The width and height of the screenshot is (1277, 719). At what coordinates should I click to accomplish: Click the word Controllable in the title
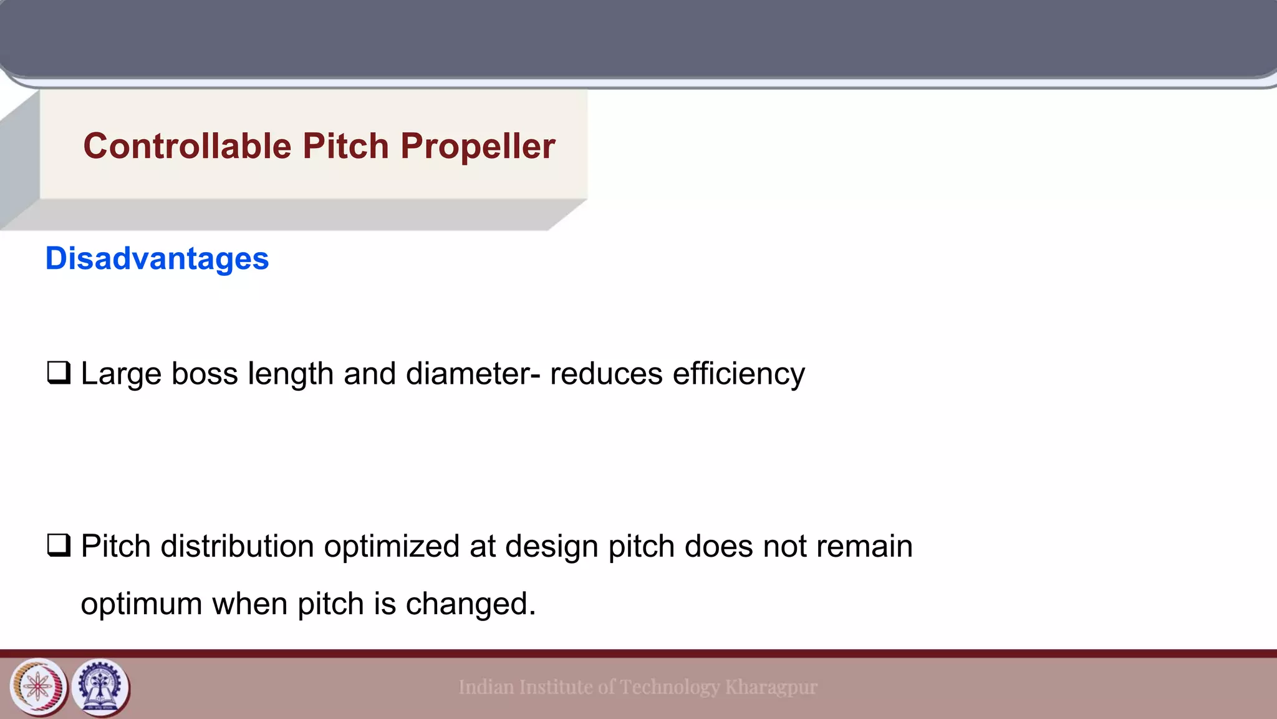[x=187, y=146]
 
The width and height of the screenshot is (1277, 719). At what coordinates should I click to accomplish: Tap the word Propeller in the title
[x=478, y=146]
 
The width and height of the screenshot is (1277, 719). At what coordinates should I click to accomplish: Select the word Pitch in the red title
[x=346, y=146]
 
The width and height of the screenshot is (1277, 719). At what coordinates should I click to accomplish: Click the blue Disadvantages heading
[x=157, y=258]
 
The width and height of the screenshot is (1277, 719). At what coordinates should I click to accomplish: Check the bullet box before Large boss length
[x=59, y=373]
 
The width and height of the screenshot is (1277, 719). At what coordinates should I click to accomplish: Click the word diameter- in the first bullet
[x=473, y=374]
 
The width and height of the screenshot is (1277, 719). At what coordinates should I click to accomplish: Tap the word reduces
[x=606, y=374]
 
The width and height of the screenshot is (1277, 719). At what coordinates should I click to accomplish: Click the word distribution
[x=237, y=546]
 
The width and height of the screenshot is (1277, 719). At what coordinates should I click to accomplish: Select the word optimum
[x=142, y=604]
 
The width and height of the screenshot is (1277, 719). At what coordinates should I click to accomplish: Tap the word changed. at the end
[x=471, y=604]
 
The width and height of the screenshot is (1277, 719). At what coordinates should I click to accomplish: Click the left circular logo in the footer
[x=38, y=687]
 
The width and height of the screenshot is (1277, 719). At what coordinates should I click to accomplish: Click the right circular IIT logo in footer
[x=101, y=687]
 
